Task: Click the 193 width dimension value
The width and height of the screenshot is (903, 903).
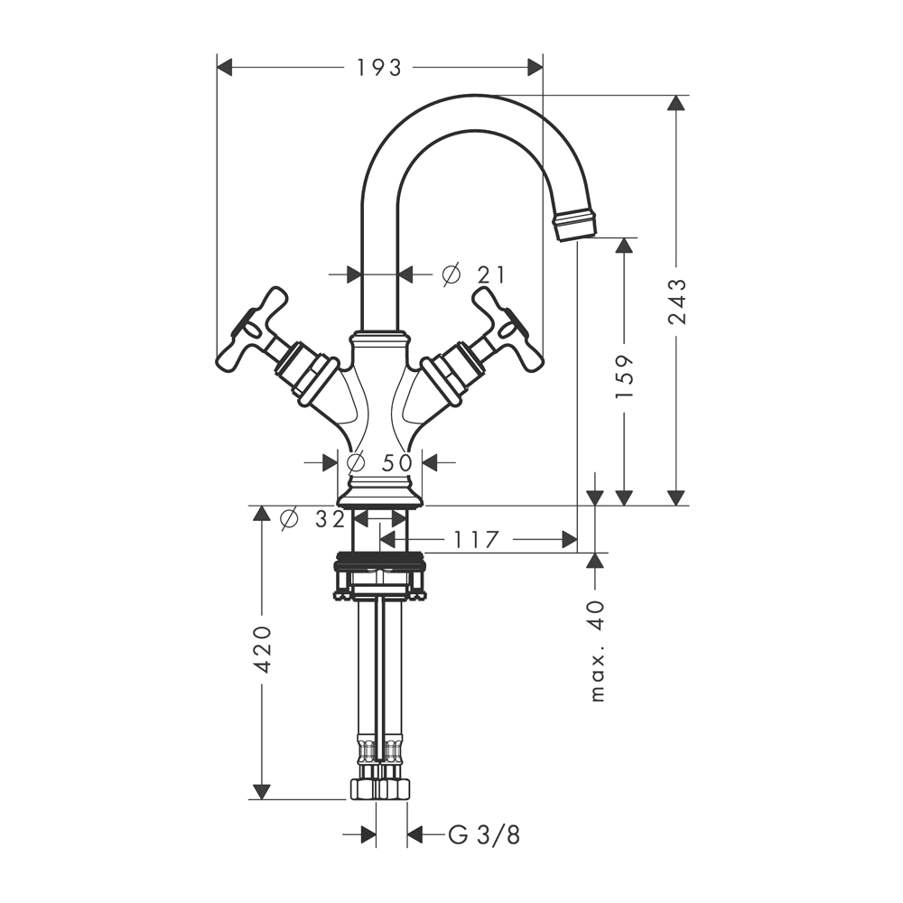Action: pyautogui.click(x=378, y=68)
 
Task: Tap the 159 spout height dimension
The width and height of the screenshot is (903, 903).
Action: pyautogui.click(x=624, y=376)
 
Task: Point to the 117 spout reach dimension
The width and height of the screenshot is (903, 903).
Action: pyautogui.click(x=475, y=540)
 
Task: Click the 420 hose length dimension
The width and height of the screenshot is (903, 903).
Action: pyautogui.click(x=262, y=649)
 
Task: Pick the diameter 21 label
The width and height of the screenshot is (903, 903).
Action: pyautogui.click(x=473, y=275)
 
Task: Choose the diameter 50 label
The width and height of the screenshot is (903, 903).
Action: pyautogui.click(x=380, y=461)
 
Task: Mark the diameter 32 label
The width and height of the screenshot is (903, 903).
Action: pyautogui.click(x=312, y=519)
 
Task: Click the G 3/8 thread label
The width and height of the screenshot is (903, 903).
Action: pyautogui.click(x=484, y=834)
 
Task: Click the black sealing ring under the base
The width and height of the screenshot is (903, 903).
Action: pyautogui.click(x=380, y=557)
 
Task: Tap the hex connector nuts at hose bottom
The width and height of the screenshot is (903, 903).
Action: pyautogui.click(x=380, y=788)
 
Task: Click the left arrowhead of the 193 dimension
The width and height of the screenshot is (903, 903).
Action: pyautogui.click(x=225, y=68)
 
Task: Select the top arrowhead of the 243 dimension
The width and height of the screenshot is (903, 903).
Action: pyautogui.click(x=676, y=104)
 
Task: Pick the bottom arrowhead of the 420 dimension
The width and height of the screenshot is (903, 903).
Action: pyautogui.click(x=262, y=791)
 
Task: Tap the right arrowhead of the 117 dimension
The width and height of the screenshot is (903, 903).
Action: pyautogui.click(x=569, y=540)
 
